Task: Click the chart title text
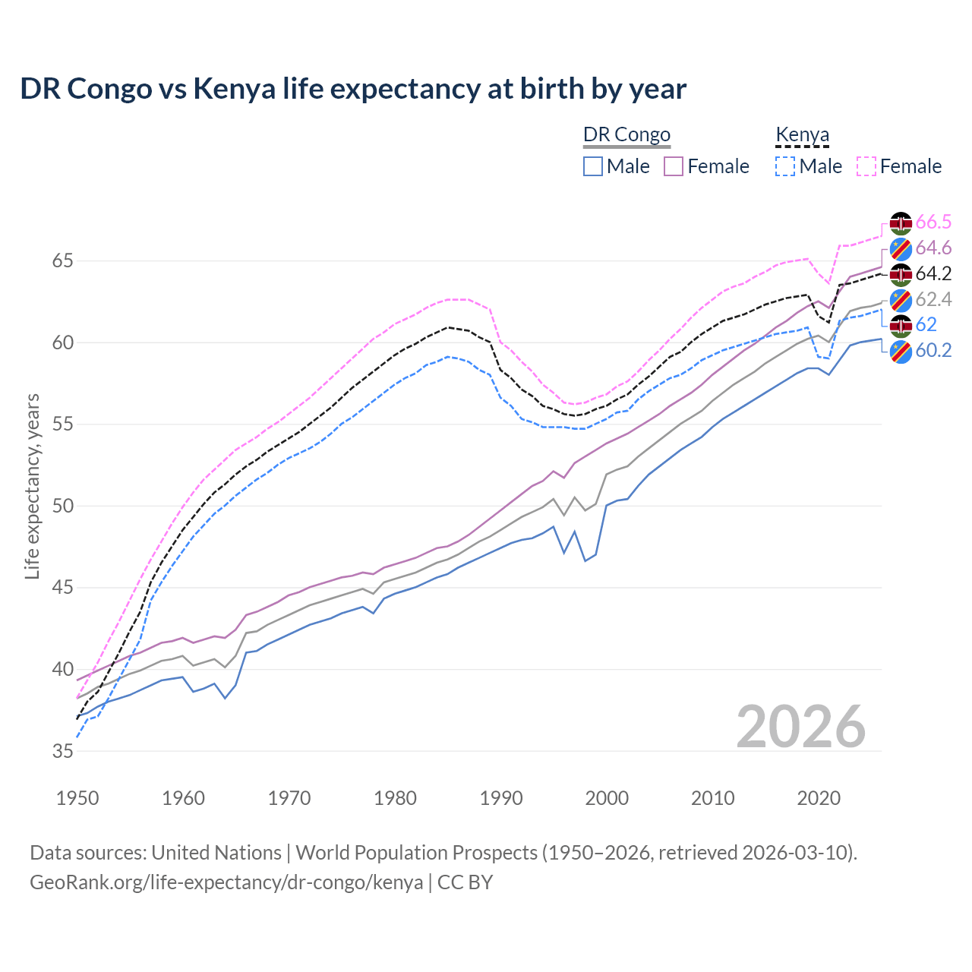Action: coord(353,89)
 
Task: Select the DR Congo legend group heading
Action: coord(626,135)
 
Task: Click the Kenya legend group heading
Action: coord(802,135)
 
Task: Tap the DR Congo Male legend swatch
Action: coord(593,166)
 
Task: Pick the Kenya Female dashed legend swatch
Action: coord(866,166)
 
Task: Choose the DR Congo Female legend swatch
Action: coord(674,166)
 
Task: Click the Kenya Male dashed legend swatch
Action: coord(785,166)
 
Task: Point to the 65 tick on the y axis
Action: coord(63,261)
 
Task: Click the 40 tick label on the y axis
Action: coord(63,670)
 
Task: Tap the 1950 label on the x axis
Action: coord(77,798)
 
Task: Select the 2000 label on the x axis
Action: coord(607,798)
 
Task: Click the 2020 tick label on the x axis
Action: coord(819,798)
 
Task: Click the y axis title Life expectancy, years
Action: coord(33,486)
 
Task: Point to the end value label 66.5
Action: coord(933,222)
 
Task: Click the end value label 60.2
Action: coord(933,350)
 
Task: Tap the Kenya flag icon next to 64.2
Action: coord(901,274)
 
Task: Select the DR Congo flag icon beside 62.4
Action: coord(901,299)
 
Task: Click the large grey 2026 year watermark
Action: coord(801,727)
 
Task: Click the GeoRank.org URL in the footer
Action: coord(226,882)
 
